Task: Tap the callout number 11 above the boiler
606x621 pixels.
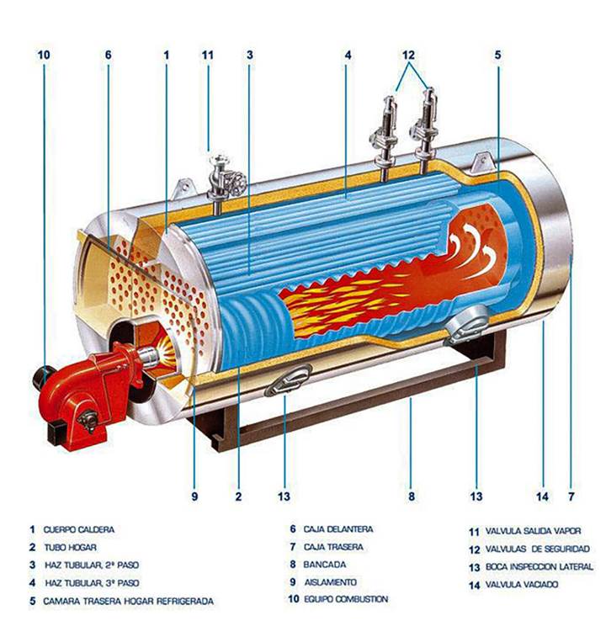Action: (208, 55)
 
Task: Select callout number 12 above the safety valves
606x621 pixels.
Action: (409, 55)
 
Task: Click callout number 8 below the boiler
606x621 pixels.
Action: (412, 496)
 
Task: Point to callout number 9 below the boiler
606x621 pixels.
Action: (194, 496)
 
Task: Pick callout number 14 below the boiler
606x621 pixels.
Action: (543, 496)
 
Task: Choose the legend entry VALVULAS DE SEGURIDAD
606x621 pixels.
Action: (539, 549)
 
